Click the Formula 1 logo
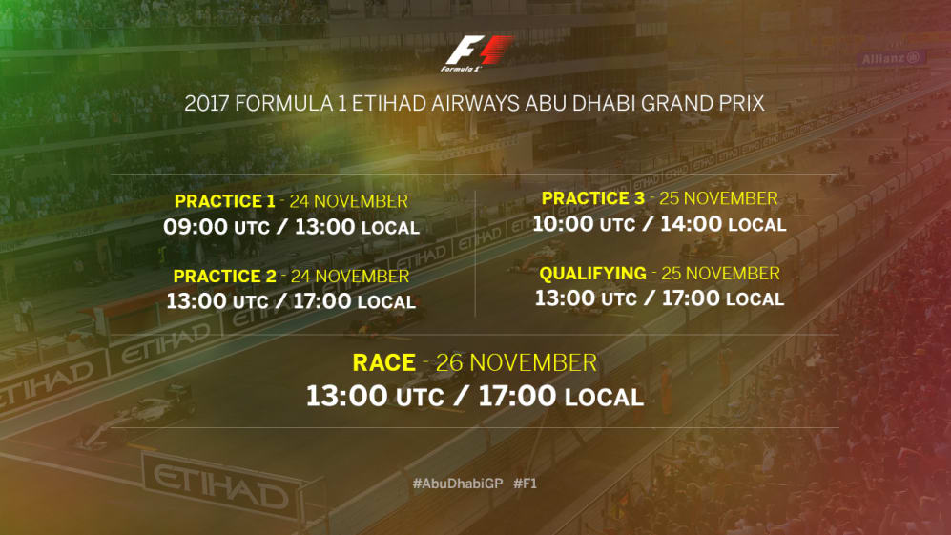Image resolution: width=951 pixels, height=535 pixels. pos(477,53)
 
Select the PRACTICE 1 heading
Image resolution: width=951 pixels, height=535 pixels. pos(224,201)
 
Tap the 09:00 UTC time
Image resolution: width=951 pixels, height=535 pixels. pos(217,227)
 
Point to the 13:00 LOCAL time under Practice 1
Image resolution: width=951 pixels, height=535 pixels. pos(358,227)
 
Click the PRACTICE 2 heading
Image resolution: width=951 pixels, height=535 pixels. pos(224,277)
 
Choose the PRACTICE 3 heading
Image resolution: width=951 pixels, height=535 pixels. pos(593,198)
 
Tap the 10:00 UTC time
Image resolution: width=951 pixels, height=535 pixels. pos(584,224)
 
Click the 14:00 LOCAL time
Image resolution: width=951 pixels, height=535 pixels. pos(723,224)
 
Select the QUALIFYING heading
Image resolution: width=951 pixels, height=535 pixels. pos(592,274)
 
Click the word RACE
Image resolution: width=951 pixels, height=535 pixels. pos(383,362)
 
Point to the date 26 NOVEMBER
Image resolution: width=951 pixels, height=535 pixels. pos(516,362)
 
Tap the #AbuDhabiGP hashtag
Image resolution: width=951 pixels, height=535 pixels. pos(458,484)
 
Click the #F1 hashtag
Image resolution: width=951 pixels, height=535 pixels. pos(526,484)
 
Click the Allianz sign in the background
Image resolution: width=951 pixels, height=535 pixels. pos(891,58)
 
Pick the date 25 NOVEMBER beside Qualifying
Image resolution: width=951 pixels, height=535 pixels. pos(720,274)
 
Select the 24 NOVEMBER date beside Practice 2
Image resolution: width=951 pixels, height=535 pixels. pos(350,277)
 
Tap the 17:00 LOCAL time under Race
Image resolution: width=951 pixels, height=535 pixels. pos(561,397)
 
